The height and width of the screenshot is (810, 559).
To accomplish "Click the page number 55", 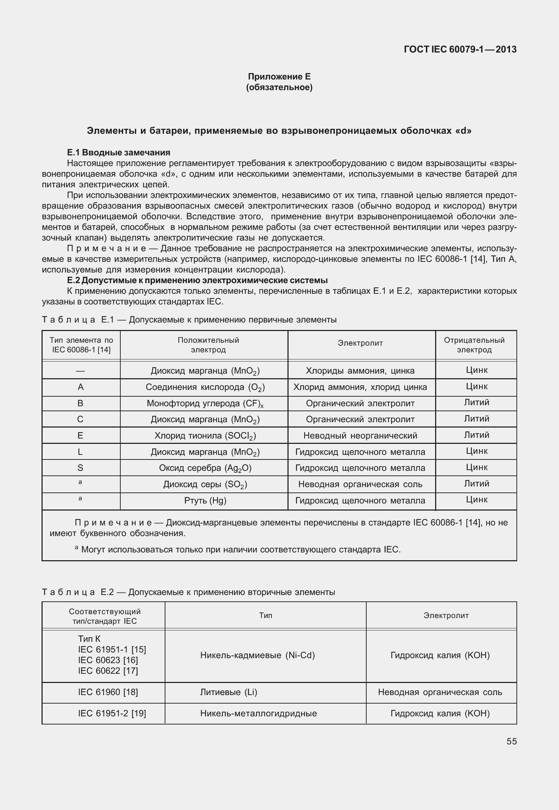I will click(511, 742).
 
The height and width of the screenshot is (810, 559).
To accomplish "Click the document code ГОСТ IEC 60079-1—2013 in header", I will click(460, 50).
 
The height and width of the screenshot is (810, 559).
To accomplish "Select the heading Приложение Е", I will click(279, 77).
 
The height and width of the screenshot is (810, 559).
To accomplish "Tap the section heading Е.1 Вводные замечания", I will click(119, 153).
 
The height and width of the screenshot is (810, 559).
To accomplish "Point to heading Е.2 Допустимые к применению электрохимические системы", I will click(197, 280).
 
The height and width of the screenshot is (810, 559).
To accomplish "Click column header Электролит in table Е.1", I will click(360, 343).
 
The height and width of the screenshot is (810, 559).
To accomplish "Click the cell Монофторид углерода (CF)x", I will click(205, 403).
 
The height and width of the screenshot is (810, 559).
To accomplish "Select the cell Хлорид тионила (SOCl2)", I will click(205, 436).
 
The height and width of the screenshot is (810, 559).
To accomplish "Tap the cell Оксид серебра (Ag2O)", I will click(205, 468).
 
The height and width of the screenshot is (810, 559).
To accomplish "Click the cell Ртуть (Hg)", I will click(205, 501).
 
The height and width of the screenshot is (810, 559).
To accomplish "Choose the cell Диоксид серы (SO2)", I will click(205, 484).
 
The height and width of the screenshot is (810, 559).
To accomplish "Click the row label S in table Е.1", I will click(80, 468).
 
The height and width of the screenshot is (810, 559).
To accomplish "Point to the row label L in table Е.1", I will click(80, 452).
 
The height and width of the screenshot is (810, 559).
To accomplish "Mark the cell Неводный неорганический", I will click(360, 436).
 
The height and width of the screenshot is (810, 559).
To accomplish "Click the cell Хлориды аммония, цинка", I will click(360, 371).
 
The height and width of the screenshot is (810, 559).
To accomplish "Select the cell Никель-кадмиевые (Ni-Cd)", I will click(258, 655).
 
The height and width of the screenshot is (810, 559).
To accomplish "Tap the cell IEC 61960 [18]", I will click(108, 692).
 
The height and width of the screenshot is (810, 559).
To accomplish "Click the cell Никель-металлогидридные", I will click(258, 713).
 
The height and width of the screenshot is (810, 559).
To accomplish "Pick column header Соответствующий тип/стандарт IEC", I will click(105, 616).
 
